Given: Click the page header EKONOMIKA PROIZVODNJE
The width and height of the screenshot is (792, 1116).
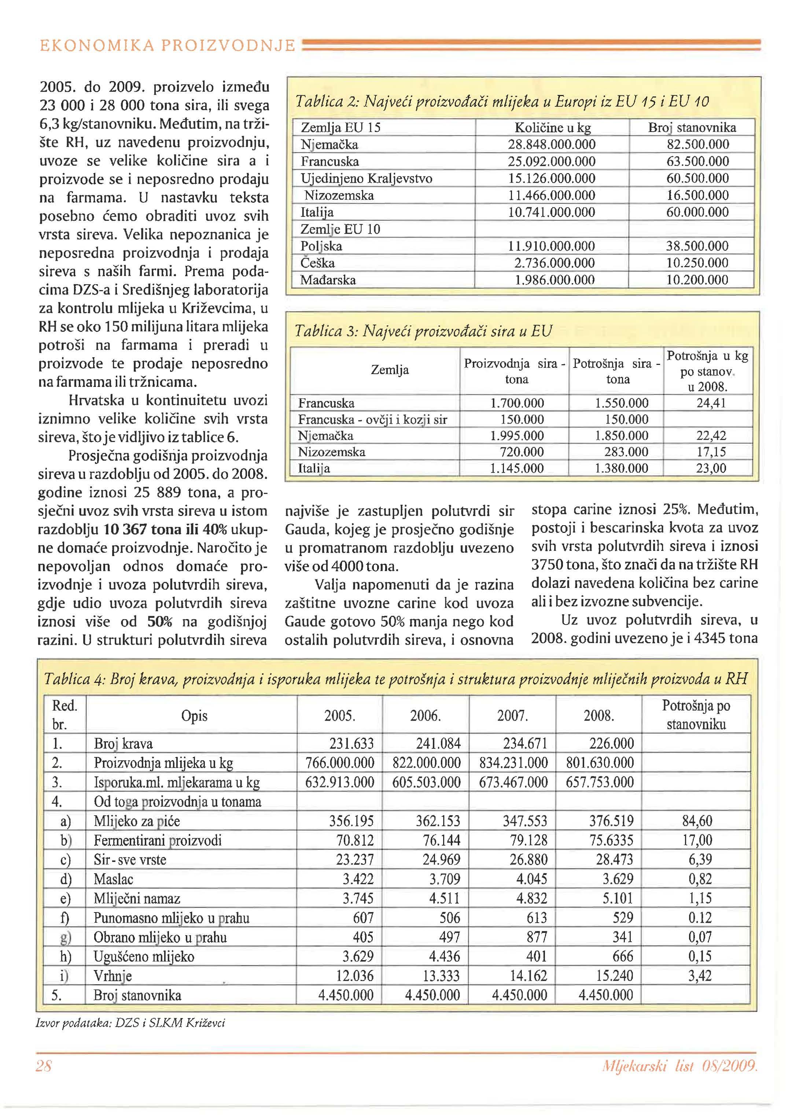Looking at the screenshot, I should (167, 46).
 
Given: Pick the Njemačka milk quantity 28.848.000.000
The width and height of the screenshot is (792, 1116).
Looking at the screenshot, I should (552, 144).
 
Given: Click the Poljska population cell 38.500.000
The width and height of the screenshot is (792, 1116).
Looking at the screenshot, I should (697, 246).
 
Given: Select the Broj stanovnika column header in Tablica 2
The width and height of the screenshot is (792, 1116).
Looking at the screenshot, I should (692, 128).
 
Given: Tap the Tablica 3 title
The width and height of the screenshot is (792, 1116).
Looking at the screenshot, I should (423, 331).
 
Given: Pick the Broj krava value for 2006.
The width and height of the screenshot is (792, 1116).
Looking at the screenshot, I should (438, 744).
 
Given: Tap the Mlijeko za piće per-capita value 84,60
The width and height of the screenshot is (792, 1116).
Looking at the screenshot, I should (697, 821).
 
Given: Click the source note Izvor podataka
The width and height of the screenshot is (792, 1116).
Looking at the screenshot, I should (130, 1023).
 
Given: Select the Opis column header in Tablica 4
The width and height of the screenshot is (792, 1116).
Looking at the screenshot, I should (194, 716).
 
